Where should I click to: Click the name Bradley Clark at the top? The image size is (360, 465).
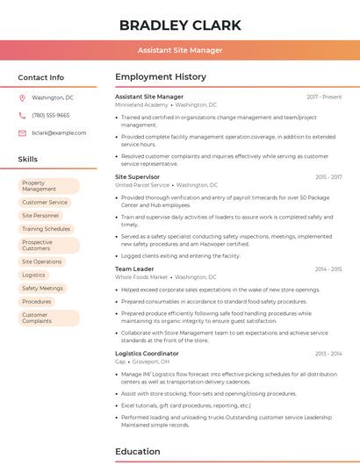coord(180,25)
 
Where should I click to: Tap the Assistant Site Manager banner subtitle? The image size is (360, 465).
coord(180,51)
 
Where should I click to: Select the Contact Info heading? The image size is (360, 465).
coord(41,77)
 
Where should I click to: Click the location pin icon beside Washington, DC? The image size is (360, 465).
coord(22,98)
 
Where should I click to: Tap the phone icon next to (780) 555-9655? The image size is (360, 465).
coord(22,116)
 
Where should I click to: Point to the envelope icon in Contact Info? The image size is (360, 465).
coord(22,133)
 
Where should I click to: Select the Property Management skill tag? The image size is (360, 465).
coord(48,186)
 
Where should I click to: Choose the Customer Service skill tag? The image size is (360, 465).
coord(45,202)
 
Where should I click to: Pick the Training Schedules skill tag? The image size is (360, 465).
coord(46,228)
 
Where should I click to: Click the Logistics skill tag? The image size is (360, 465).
coord(33,275)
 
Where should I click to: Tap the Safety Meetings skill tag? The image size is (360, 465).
coord(42,288)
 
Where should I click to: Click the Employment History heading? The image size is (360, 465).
coord(161,77)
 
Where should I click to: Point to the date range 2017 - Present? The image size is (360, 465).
coord(324,97)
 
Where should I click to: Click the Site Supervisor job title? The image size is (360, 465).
coord(139,176)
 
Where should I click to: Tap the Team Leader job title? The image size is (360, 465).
coord(134,268)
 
